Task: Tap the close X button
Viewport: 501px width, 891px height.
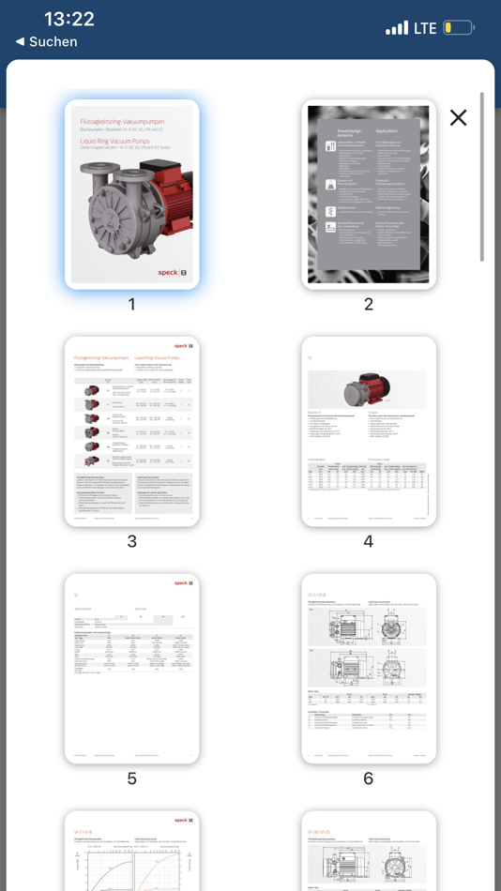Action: coord(458,117)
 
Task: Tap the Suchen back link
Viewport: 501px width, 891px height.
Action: coord(47,42)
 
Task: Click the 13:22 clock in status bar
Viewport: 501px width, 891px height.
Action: coord(69,19)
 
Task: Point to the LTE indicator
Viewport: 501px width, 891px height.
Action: coord(425,28)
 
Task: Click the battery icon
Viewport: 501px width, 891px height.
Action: coord(459,28)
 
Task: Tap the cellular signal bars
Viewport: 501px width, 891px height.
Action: coord(397,28)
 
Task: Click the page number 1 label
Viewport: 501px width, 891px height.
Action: coord(132,304)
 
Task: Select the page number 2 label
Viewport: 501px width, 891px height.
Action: coord(369,304)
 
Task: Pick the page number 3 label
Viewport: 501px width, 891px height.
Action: coord(132,541)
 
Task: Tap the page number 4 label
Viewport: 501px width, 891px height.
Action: coord(369,541)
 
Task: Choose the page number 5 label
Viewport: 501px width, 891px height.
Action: coord(132,778)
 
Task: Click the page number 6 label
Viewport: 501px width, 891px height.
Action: coord(369,778)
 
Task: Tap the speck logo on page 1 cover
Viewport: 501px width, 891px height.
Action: coord(174,273)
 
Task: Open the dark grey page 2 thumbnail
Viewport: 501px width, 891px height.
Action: coord(369,194)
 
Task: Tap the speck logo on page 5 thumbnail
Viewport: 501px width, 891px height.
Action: coord(184,582)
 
